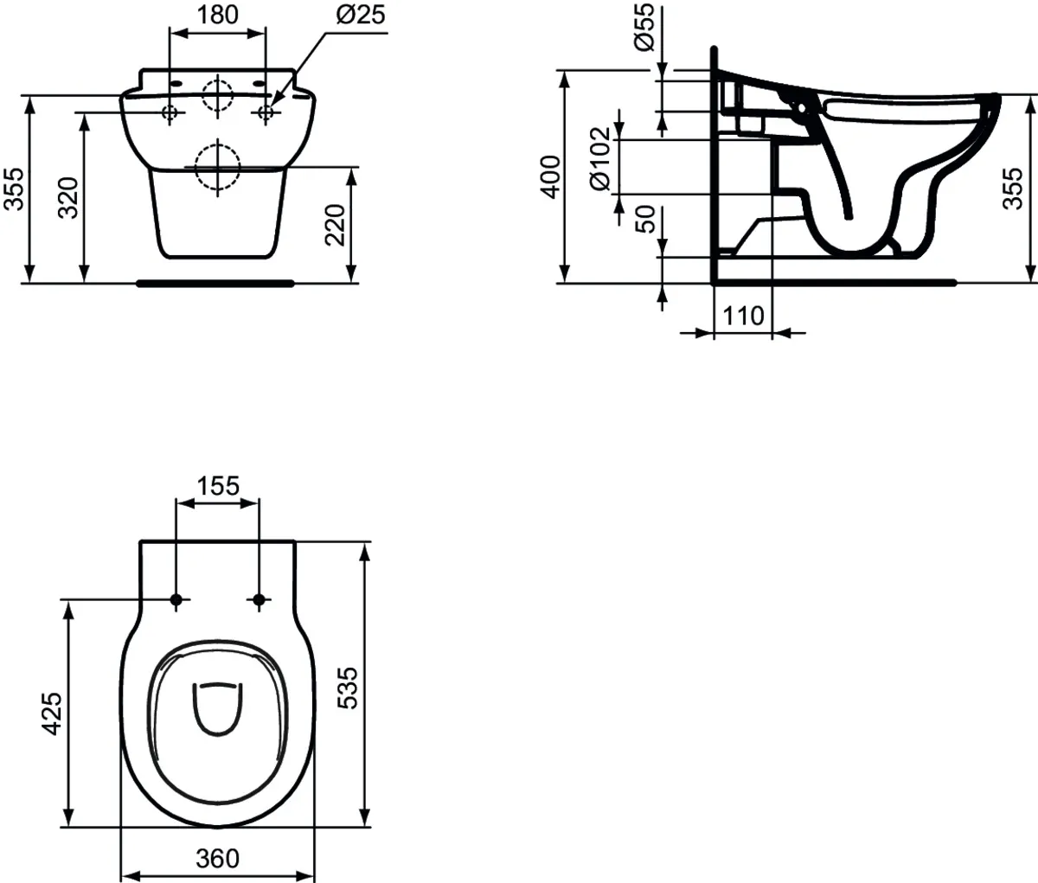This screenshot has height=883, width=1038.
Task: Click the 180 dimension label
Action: coord(215,15)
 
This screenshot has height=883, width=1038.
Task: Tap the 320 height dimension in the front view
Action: coord(72,197)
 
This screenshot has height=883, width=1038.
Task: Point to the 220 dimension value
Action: coord(338,225)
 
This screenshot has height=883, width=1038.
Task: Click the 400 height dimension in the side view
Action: coord(553,176)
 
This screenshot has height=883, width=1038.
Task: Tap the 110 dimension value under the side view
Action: coord(743,316)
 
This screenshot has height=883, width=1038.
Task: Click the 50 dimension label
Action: coord(645,220)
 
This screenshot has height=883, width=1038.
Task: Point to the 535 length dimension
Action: coord(346,687)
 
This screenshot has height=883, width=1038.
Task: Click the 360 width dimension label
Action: coord(216,858)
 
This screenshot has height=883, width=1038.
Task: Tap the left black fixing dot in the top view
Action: coord(176,599)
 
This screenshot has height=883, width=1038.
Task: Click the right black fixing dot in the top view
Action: coord(258,599)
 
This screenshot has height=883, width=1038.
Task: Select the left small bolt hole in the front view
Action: coord(170,112)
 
